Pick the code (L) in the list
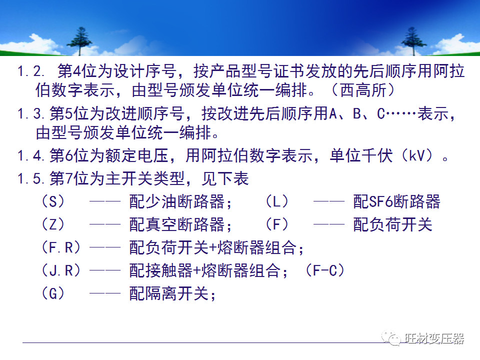coord(277,201)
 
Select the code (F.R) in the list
coord(62,247)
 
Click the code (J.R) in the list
coord(62,270)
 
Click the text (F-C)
coord(325,270)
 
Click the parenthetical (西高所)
coord(363,92)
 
